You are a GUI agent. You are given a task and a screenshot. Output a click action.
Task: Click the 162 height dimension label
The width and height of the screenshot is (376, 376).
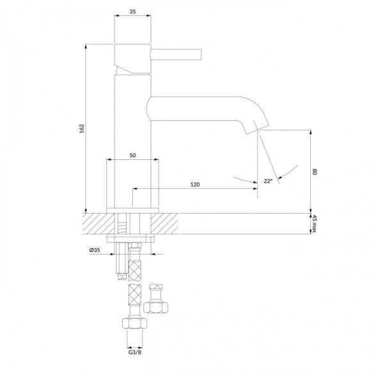(82, 129)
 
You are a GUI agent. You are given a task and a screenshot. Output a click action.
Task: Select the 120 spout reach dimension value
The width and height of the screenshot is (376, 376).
(195, 184)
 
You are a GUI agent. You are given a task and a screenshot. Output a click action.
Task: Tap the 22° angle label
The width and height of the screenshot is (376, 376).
(269, 181)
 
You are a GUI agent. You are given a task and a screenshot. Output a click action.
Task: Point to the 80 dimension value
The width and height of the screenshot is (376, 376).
(315, 171)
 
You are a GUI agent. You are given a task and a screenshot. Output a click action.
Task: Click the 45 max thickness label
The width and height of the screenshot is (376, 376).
(315, 224)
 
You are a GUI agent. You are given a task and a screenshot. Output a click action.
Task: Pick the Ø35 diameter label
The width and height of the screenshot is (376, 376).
(95, 250)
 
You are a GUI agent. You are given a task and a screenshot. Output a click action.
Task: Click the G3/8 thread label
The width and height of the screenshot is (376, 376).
(134, 352)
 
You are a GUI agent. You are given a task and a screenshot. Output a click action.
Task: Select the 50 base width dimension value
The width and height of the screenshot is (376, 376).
(132, 155)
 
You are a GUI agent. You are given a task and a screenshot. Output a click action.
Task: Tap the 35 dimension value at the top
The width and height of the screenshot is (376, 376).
(132, 12)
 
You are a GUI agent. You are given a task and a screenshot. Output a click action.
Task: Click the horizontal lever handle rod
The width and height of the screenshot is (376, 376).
(176, 54)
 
